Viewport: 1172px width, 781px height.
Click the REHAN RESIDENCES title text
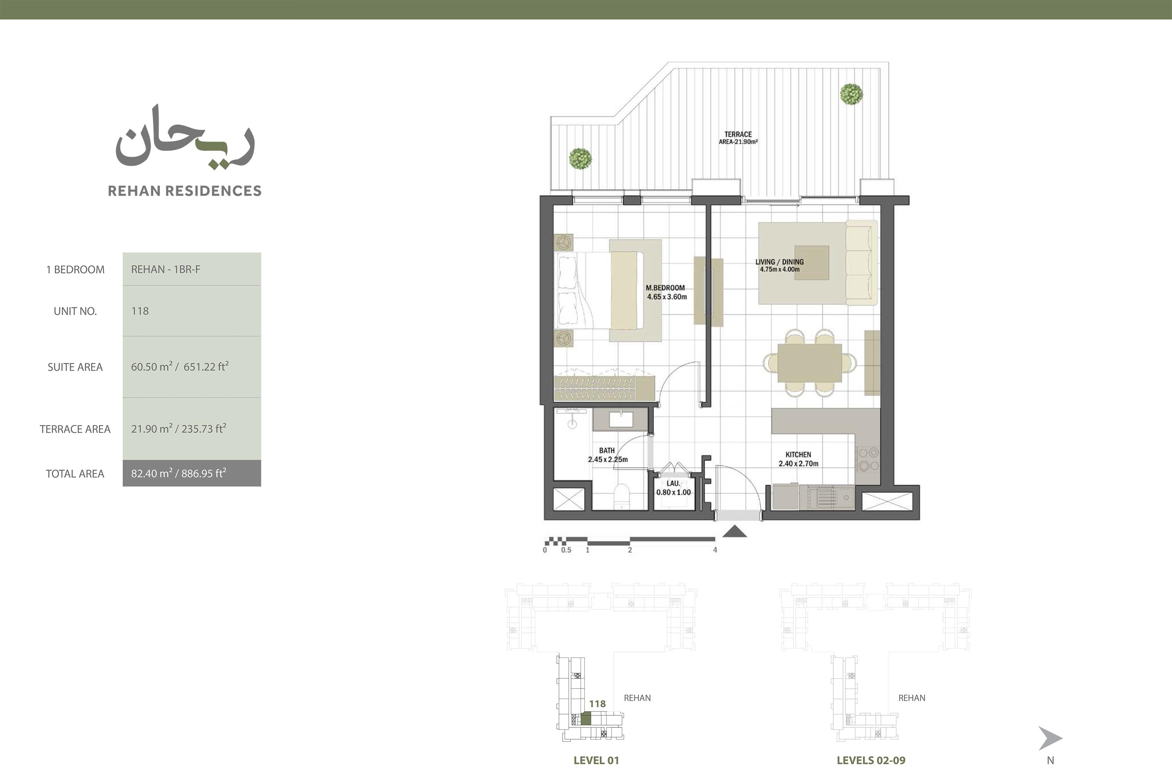[184, 191]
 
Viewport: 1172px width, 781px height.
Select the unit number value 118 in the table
[140, 311]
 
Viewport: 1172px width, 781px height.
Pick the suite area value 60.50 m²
[152, 366]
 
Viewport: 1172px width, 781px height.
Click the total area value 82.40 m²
[152, 473]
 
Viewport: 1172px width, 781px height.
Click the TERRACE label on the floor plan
[738, 134]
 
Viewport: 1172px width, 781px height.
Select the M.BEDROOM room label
[665, 288]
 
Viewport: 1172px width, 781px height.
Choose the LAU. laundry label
[674, 484]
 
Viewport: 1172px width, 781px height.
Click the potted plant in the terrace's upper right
[851, 94]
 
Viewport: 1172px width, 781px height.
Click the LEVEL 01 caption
[596, 760]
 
